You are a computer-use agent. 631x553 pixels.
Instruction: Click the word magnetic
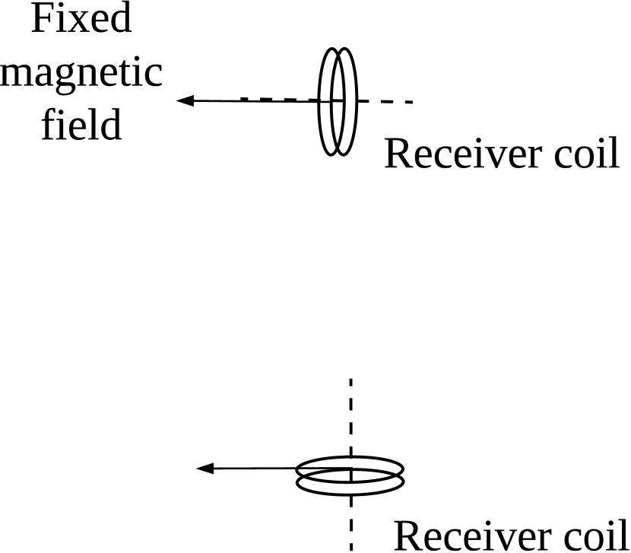(81, 73)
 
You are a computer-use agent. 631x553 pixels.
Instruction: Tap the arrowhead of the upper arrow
(183, 100)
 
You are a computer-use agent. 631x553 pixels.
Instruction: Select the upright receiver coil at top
(338, 101)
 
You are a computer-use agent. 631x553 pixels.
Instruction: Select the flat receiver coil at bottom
(350, 475)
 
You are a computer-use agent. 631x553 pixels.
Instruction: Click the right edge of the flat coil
(403, 475)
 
